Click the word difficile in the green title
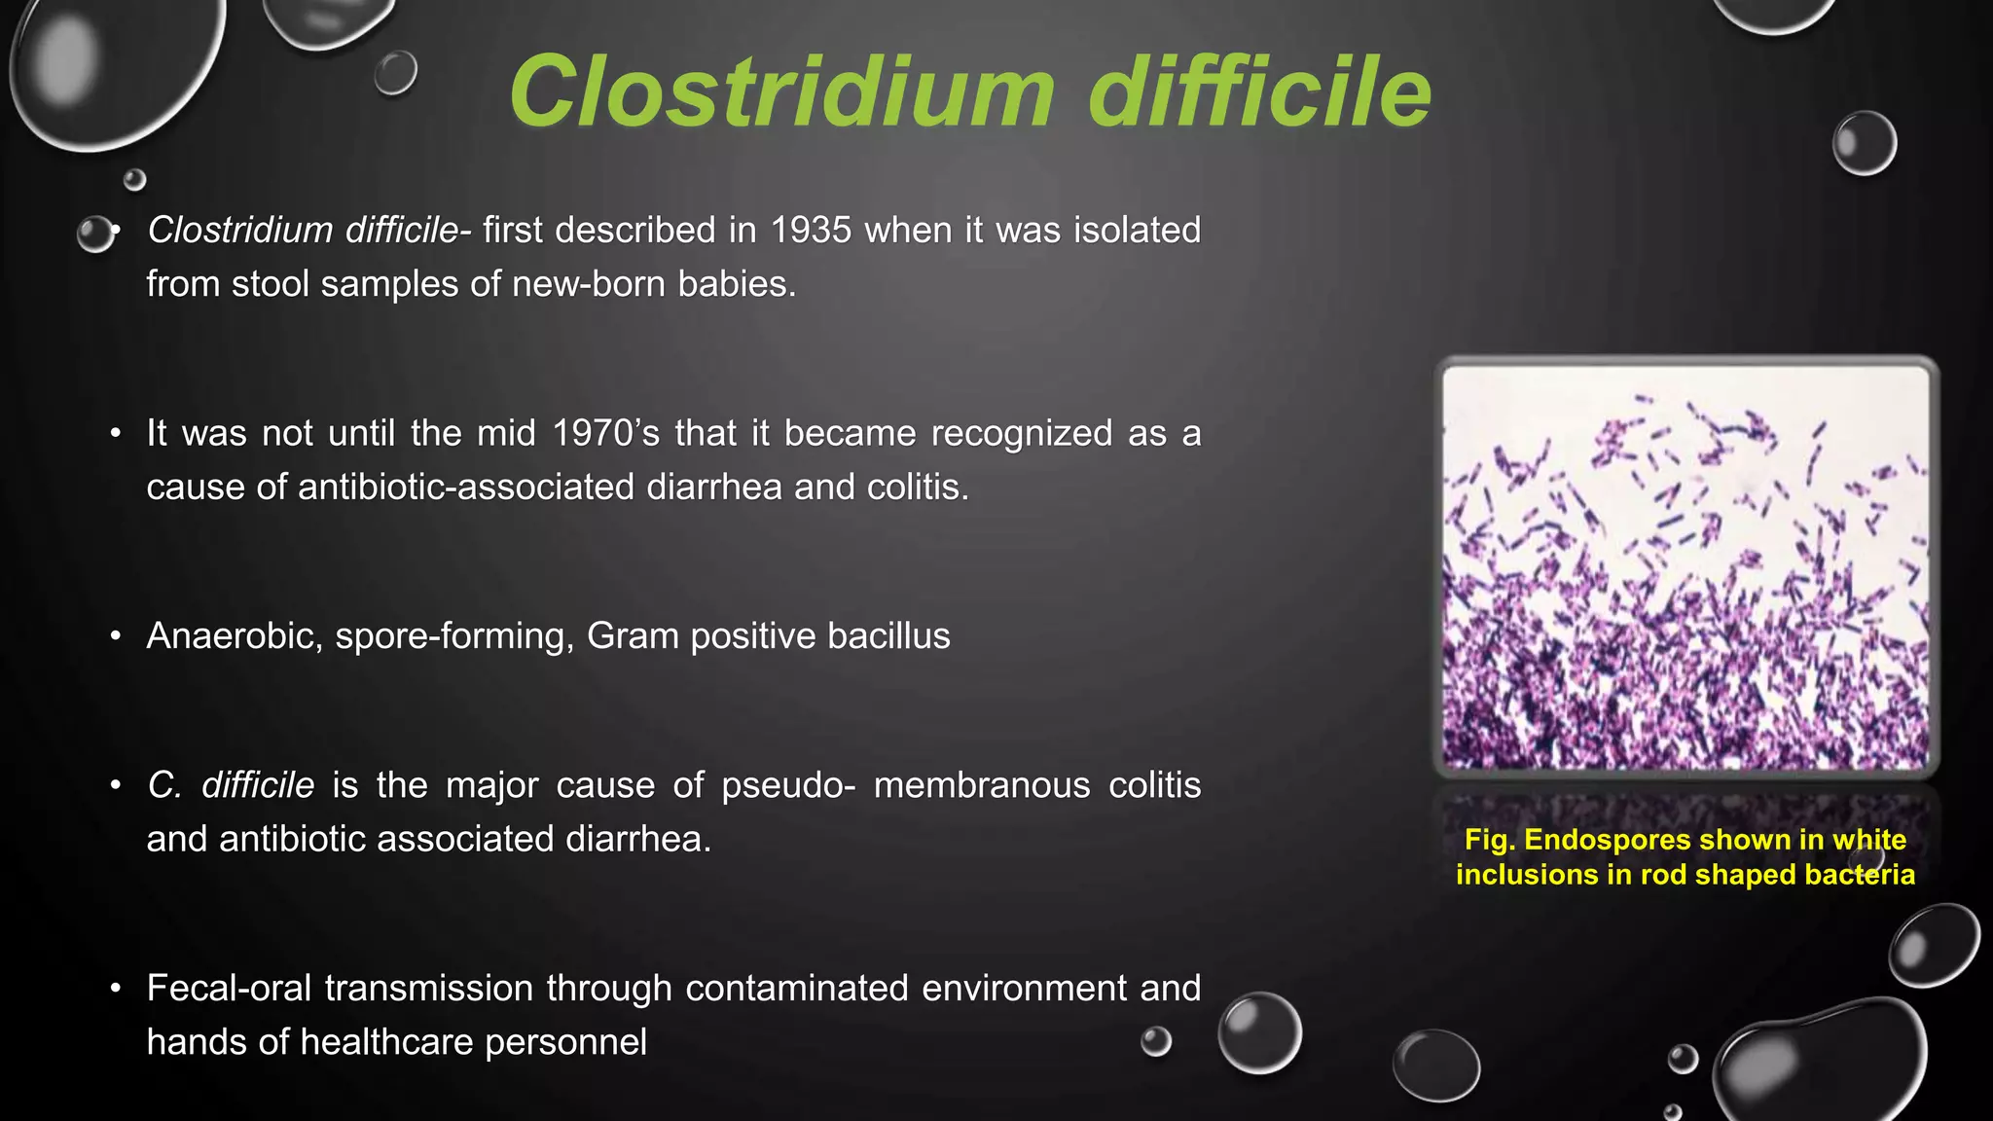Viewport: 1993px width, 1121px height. [1259, 91]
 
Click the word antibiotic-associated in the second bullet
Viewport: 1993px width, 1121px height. [466, 487]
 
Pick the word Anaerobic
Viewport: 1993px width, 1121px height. [234, 636]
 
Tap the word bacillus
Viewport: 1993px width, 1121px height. [888, 636]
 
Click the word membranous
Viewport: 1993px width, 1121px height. [981, 785]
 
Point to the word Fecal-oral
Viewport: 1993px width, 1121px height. [230, 989]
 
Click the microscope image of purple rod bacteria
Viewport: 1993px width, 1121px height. [1685, 568]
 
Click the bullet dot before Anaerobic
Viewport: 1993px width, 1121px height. [116, 636]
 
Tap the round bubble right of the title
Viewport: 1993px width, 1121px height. [1864, 143]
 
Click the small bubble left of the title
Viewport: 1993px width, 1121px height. [395, 73]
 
